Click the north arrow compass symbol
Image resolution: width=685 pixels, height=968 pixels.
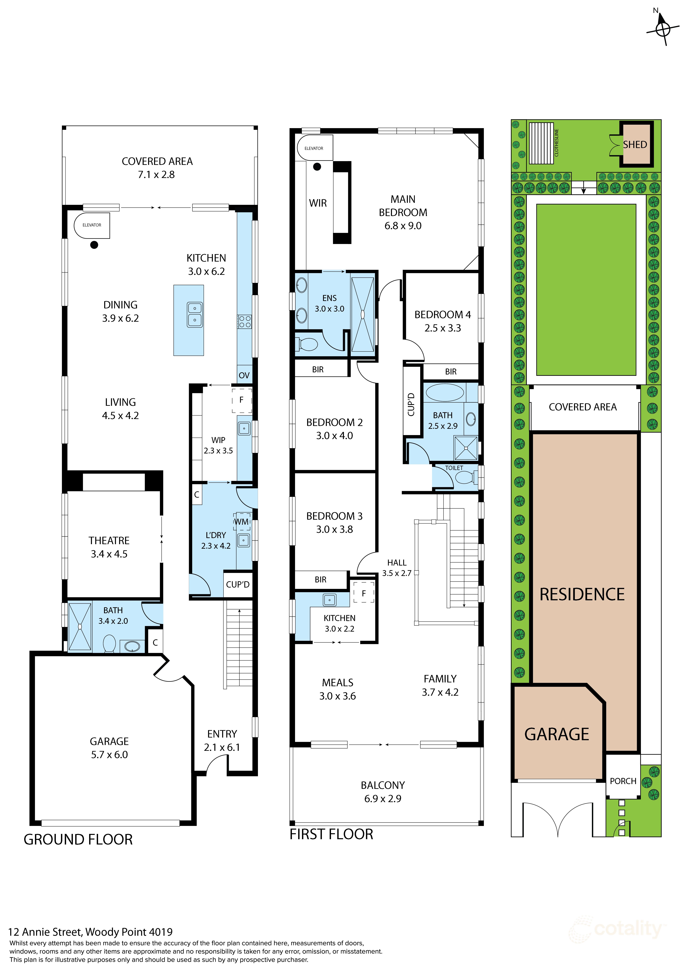coord(663,29)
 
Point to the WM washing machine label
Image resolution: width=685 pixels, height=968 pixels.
coord(241,521)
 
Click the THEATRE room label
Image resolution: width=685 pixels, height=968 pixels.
coord(109,541)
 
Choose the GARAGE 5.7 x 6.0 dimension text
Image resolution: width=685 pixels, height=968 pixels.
coord(109,755)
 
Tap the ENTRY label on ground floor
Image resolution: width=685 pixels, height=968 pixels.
coord(222,734)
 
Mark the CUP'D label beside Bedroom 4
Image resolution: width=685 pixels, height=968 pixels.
coord(411,405)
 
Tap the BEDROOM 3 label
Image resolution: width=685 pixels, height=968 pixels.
coord(334,516)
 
